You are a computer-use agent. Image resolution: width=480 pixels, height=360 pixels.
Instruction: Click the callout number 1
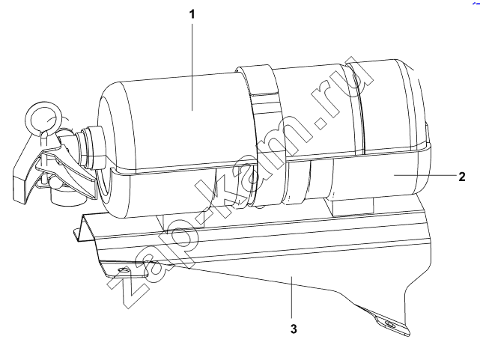(x=192, y=14)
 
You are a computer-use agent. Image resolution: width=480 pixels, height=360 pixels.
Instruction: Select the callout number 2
(x=462, y=177)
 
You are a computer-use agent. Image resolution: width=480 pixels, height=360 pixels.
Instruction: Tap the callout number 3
(x=294, y=329)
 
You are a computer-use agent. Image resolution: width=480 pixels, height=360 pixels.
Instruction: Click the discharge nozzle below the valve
(x=63, y=196)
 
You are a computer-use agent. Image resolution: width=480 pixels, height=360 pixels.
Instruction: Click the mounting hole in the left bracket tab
(x=124, y=270)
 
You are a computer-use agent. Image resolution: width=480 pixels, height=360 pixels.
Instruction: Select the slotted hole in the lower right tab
(x=390, y=324)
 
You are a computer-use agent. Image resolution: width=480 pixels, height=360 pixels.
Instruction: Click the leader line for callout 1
(x=192, y=67)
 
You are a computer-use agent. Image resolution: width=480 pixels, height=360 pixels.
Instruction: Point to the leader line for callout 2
(x=425, y=175)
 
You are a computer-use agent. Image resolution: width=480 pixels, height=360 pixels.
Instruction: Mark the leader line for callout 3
(x=292, y=298)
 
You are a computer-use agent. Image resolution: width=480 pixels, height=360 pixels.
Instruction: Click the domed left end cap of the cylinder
(x=107, y=150)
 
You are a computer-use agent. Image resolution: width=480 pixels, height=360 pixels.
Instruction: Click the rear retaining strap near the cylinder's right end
(x=355, y=107)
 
